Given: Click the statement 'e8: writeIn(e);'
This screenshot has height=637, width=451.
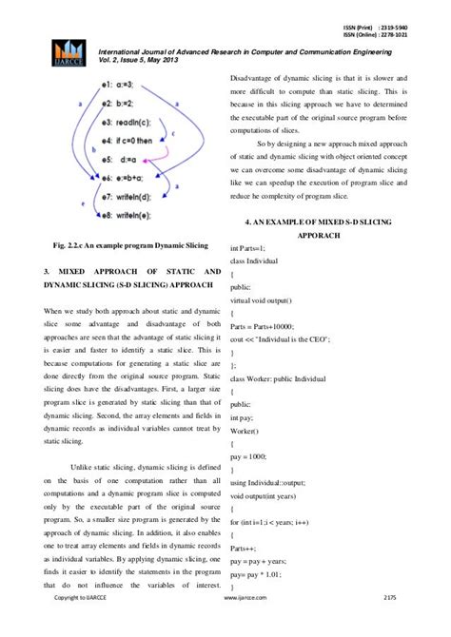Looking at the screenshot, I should pos(130,215).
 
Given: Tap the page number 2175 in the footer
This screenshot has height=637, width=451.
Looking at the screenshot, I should pos(388,624).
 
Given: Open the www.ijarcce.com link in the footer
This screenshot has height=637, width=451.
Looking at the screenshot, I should pos(243,624).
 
